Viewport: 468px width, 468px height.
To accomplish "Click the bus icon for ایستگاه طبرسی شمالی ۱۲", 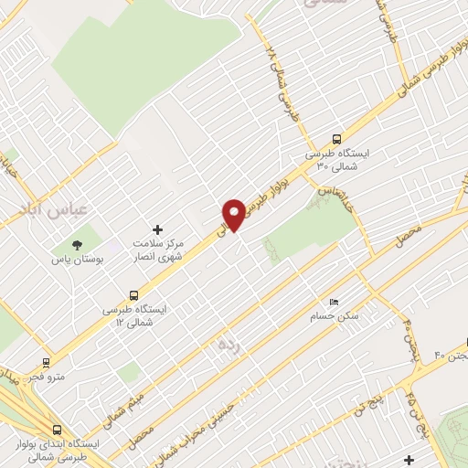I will coord(134,295).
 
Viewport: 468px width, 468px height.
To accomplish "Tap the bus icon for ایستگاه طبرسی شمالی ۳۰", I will coord(337,140).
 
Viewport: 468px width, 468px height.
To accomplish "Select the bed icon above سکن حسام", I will coord(334,302).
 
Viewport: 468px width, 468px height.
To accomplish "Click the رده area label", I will coord(227,346).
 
